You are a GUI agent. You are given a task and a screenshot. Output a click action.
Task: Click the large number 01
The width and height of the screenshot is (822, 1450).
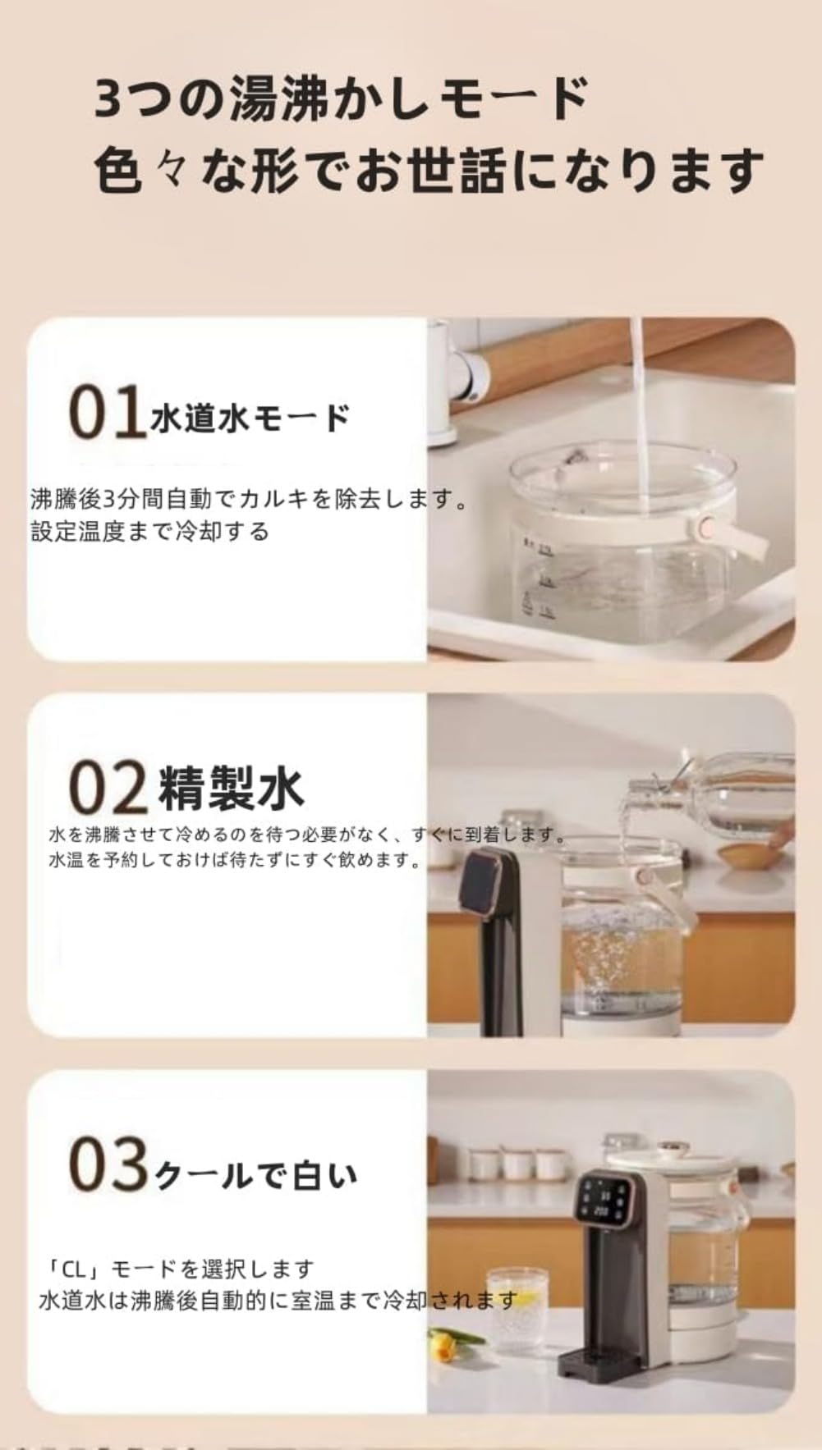click(108, 412)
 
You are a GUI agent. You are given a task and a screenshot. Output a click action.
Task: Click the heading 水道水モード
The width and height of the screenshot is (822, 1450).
click(250, 419)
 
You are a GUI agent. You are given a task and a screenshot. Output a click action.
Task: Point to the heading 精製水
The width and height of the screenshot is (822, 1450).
click(231, 788)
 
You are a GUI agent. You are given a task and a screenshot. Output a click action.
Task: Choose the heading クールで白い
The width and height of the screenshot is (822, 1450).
click(256, 1176)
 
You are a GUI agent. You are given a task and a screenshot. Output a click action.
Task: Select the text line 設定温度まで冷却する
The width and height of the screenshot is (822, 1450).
click(150, 532)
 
